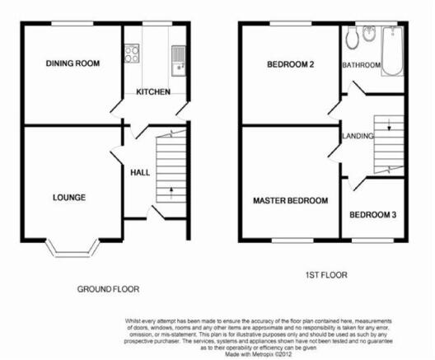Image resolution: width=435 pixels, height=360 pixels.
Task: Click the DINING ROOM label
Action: point(72,63)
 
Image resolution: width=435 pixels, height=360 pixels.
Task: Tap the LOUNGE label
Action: point(69,198)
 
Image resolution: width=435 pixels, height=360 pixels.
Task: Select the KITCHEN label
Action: point(153,91)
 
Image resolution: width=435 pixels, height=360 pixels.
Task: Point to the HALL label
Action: point(140,172)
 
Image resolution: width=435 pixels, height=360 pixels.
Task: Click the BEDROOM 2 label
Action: point(291,64)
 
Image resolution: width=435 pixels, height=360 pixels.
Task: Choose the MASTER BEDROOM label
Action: point(291,200)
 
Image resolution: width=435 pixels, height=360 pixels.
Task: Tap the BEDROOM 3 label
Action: point(372,215)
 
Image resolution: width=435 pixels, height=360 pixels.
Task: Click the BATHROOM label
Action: point(361,65)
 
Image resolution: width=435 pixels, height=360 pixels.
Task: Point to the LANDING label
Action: point(358,136)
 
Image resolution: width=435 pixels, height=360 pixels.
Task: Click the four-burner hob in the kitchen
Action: point(132,54)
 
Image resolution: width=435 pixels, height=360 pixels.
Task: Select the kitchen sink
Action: point(179,61)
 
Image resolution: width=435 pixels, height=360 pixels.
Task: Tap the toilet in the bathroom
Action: point(353,38)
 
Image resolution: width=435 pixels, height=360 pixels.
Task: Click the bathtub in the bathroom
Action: point(392,51)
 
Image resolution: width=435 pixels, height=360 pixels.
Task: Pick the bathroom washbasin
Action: point(369,34)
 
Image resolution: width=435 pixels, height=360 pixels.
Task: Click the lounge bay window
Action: point(72,249)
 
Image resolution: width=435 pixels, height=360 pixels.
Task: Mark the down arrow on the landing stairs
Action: point(389,124)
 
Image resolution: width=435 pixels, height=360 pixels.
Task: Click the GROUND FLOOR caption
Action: point(108,289)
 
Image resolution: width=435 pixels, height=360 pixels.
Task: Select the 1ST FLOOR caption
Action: point(326,275)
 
